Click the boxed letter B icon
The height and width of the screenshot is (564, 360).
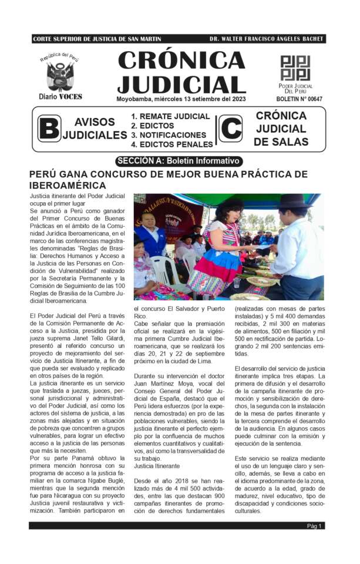49,129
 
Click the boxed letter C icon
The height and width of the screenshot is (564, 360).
231,129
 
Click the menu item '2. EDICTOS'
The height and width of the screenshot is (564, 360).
152,126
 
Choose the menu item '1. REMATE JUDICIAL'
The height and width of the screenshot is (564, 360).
170,116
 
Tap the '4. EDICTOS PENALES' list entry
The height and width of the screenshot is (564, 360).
171,144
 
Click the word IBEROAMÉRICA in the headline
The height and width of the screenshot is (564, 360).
68,186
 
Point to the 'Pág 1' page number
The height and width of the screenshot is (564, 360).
315,526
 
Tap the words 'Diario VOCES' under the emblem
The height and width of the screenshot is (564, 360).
60,96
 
